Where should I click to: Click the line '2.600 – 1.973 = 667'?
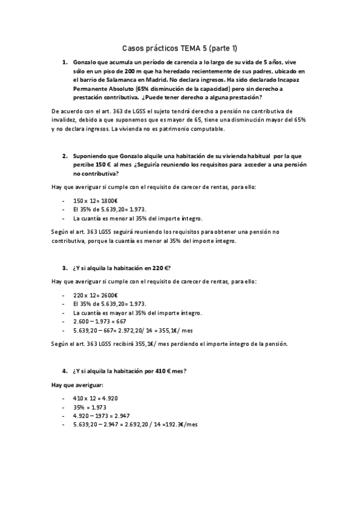coord(97,321)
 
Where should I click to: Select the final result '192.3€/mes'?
coord(181,424)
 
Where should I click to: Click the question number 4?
coord(64,371)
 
